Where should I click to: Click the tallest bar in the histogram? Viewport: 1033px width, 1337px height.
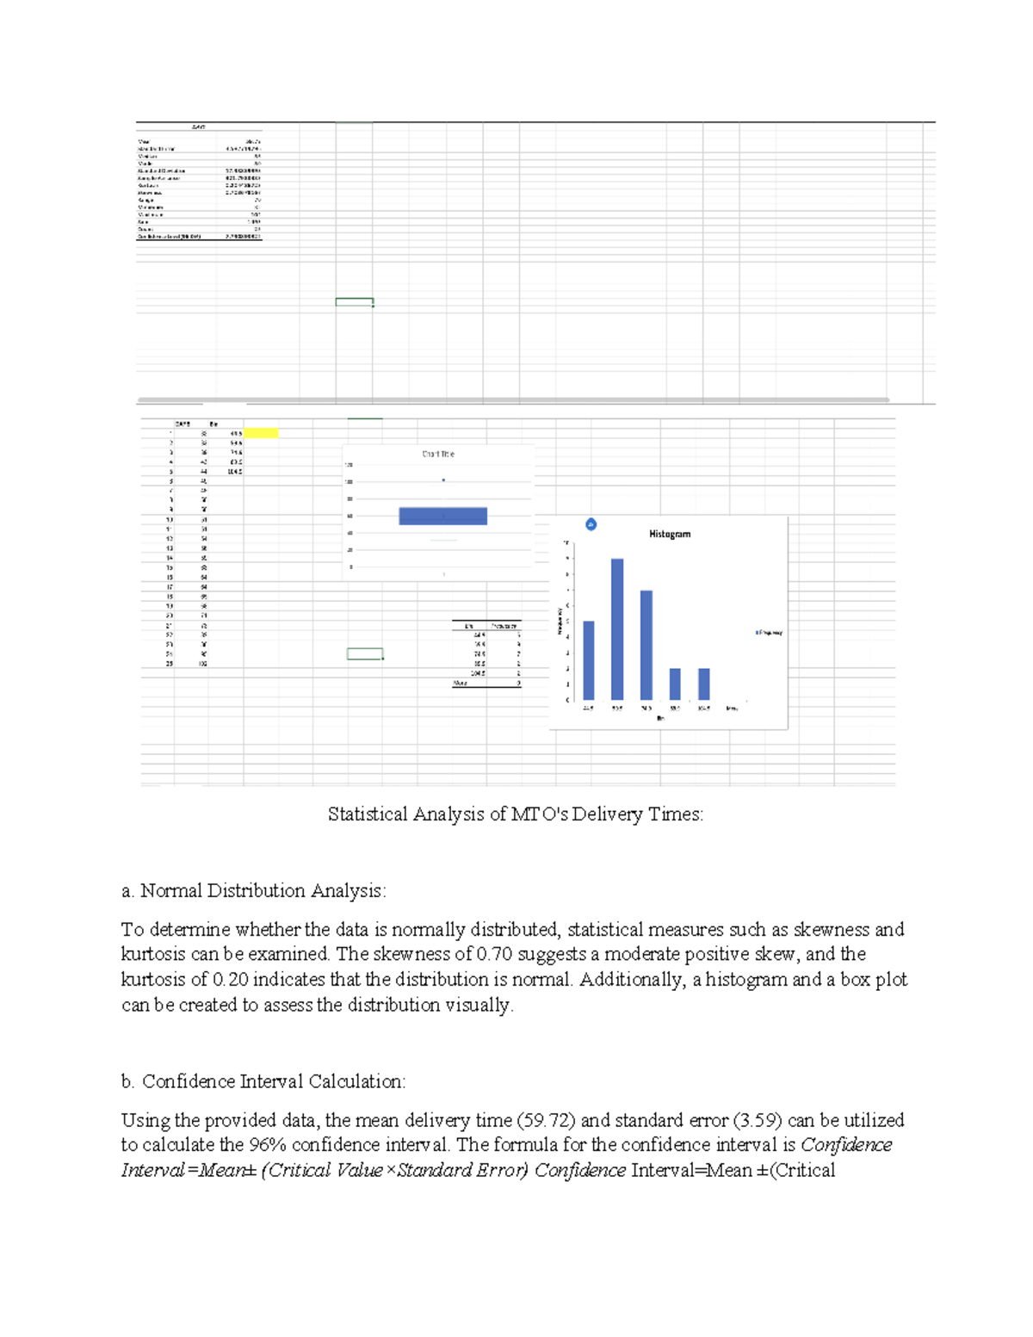617,628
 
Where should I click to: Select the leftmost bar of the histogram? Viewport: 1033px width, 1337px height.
589,659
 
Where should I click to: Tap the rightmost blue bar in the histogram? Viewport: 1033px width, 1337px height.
703,684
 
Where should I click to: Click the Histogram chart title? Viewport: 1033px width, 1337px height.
670,534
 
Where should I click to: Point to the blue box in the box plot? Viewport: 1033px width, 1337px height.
442,516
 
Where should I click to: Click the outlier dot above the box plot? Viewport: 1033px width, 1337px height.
443,480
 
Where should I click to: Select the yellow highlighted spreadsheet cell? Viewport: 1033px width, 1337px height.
261,433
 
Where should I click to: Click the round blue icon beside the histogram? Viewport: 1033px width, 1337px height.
591,524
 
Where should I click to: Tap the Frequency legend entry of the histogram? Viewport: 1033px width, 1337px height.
769,633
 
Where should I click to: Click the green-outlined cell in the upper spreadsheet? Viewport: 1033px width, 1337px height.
354,302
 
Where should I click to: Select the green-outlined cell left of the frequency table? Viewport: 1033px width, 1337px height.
365,654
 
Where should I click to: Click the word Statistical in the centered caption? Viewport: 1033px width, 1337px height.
368,814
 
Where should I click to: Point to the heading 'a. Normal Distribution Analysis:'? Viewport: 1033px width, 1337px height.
254,890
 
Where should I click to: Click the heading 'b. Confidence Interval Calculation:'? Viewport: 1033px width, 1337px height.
263,1081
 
